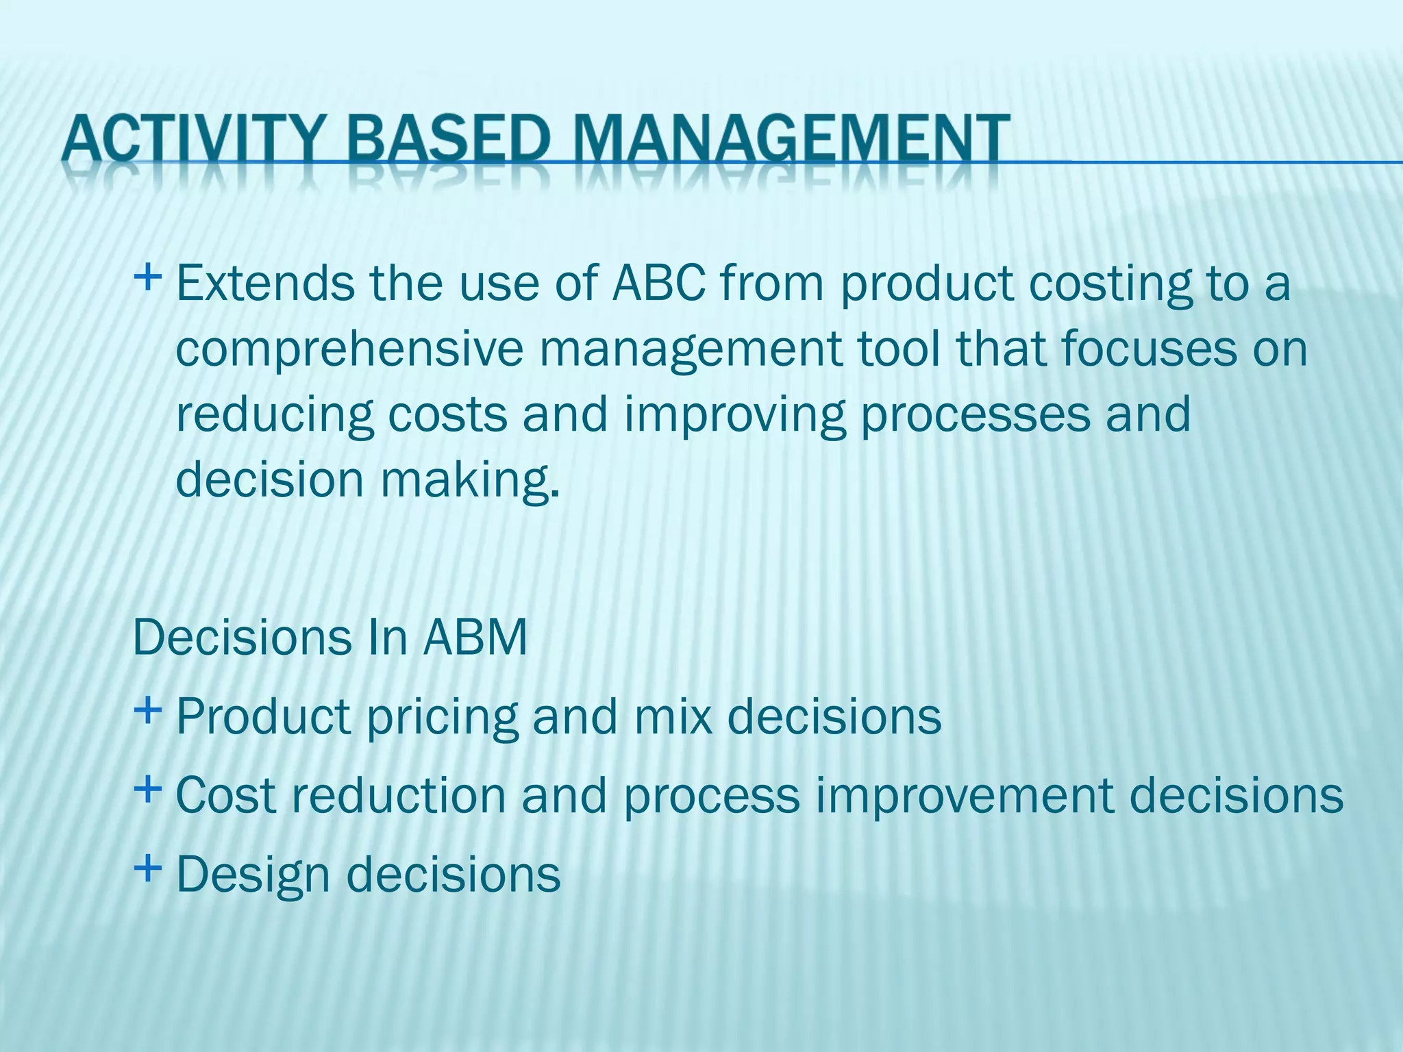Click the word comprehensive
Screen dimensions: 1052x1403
(x=349, y=349)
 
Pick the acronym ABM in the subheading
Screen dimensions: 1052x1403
(x=475, y=638)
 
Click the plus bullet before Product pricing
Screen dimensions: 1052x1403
(x=147, y=710)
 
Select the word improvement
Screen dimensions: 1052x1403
(x=964, y=796)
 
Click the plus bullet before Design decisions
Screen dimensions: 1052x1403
(x=147, y=869)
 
